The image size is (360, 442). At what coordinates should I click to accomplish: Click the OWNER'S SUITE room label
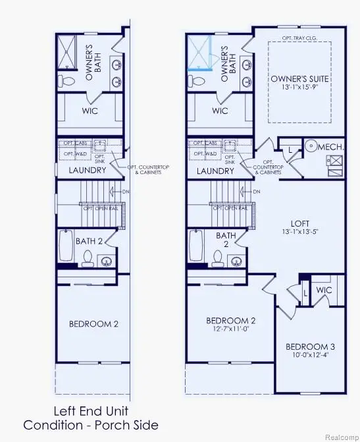coord(299,79)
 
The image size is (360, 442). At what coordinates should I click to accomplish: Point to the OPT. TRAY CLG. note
coord(300,38)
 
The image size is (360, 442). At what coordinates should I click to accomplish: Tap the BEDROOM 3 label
coord(310,346)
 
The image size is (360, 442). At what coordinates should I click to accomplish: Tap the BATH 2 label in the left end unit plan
coord(91,242)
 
